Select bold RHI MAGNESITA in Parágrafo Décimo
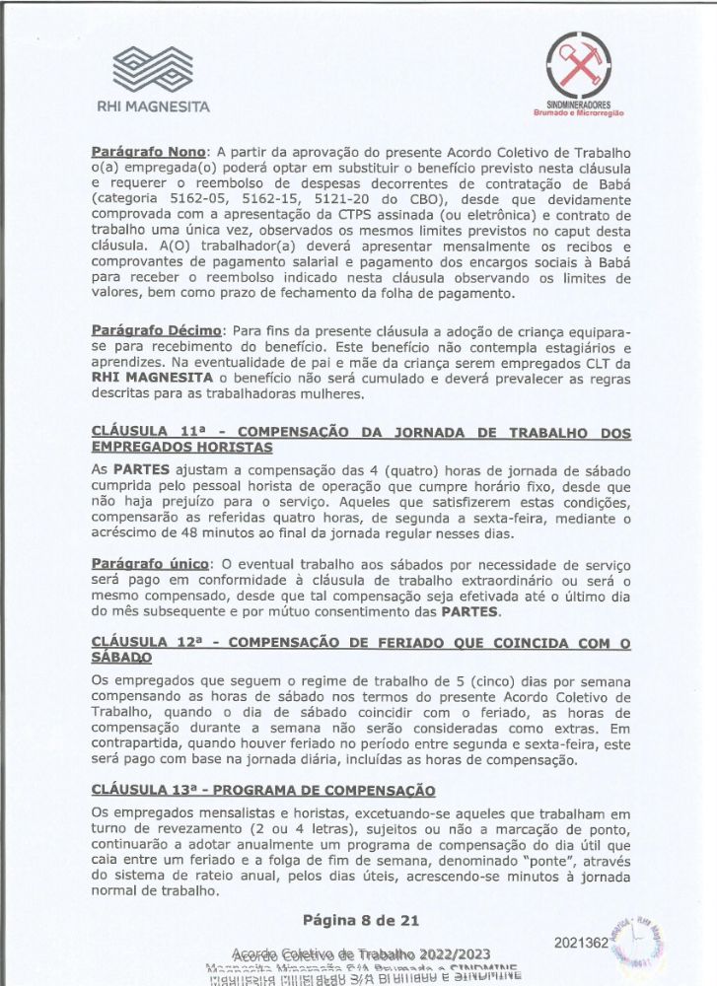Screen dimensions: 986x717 coord(148,380)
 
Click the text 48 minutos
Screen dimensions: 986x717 coord(209,534)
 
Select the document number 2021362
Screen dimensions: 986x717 coord(580,943)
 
